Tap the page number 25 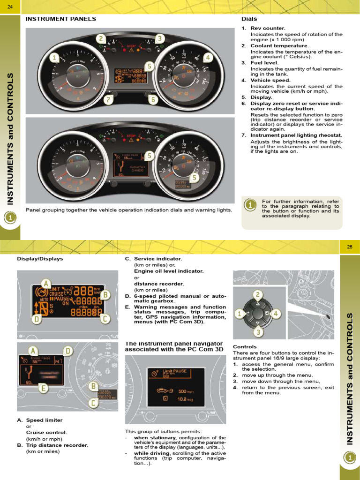(349, 247)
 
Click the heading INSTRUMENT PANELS (60, 19)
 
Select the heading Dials (249, 19)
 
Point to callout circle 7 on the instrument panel (108, 99)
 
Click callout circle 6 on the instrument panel (152, 99)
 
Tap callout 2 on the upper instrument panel (101, 38)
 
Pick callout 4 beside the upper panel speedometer (208, 57)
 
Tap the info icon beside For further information (251, 205)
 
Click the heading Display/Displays (40, 259)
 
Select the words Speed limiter (44, 420)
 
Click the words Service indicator (157, 259)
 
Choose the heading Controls (245, 347)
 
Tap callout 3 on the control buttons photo (258, 332)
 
